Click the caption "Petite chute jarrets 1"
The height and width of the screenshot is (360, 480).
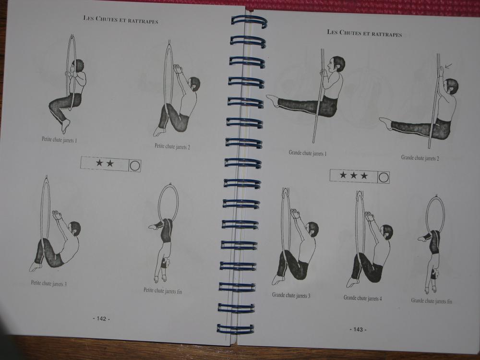tap(60, 140)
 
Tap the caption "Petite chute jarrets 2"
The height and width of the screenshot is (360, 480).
tap(172, 146)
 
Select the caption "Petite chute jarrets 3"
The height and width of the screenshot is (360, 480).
tap(49, 283)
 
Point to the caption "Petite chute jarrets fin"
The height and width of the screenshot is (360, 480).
tap(163, 291)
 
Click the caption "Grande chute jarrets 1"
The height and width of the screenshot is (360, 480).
tap(308, 153)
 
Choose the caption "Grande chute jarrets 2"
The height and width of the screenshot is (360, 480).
tap(420, 158)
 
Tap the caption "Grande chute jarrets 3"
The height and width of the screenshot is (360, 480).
tap(291, 295)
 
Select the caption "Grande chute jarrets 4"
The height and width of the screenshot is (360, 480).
tap(363, 298)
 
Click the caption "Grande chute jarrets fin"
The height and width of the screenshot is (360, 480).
tap(432, 301)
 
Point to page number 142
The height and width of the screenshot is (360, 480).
tap(101, 319)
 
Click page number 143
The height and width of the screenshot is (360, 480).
tap(358, 329)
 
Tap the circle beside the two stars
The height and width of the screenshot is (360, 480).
tap(135, 166)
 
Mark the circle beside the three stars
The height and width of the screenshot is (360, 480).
tap(384, 178)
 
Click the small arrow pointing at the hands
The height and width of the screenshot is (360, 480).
tap(449, 66)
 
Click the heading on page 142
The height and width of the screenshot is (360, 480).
tap(121, 20)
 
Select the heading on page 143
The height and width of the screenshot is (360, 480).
tap(364, 33)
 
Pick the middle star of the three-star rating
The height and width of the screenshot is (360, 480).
tap(354, 175)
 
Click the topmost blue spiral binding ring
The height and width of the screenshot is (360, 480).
tap(249, 22)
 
